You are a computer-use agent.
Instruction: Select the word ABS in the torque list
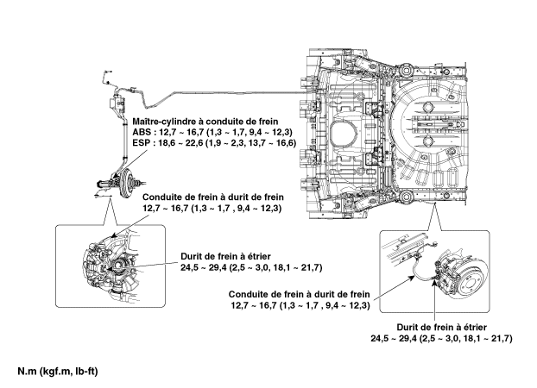pos(143,134)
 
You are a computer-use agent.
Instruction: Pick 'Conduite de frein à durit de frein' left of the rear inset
pos(300,295)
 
